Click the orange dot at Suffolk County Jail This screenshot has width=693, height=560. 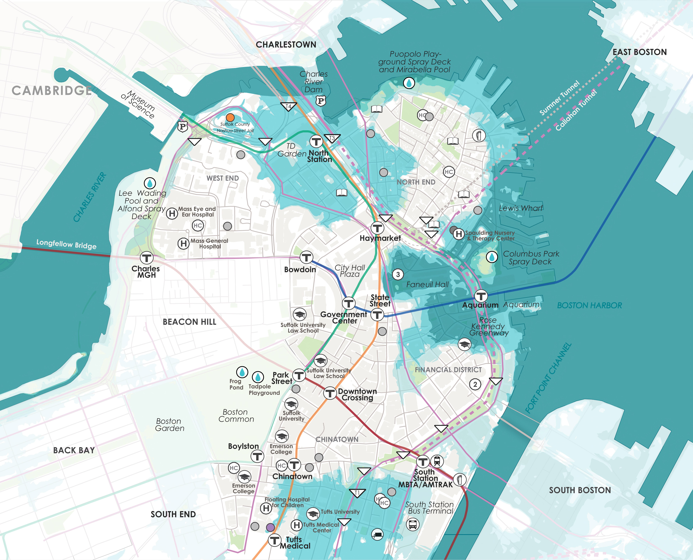230,117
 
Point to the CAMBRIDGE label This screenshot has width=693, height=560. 52,91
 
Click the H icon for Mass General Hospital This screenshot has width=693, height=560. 183,243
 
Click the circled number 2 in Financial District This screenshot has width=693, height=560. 475,384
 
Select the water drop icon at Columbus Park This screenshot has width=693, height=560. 492,257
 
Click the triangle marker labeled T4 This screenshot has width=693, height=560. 288,106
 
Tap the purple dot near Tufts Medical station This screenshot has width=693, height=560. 270,527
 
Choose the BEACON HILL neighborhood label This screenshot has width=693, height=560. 190,322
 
